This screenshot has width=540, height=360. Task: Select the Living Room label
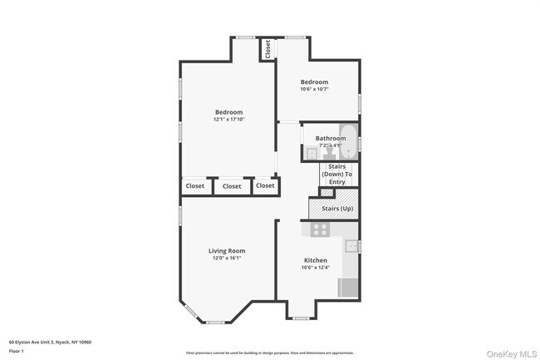pos(226,250)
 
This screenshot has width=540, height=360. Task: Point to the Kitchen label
pos(315,260)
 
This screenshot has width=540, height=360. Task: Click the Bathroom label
pos(330,138)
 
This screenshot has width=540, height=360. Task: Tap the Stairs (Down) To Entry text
pos(337,174)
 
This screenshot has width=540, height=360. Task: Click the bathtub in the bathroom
pos(349,142)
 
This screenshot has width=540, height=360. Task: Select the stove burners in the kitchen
pos(320,229)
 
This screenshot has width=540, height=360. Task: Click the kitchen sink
pos(351,245)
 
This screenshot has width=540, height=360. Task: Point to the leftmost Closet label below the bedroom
pos(194,186)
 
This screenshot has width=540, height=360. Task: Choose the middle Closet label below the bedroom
pos(232,186)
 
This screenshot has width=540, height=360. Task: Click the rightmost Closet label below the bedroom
pos(265,185)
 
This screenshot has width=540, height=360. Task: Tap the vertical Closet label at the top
pos(268,49)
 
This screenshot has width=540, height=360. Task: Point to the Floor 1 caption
pos(17,352)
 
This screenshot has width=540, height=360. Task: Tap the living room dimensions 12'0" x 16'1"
pos(226,258)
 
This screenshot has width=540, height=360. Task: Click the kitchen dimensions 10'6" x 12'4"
pos(315,268)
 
